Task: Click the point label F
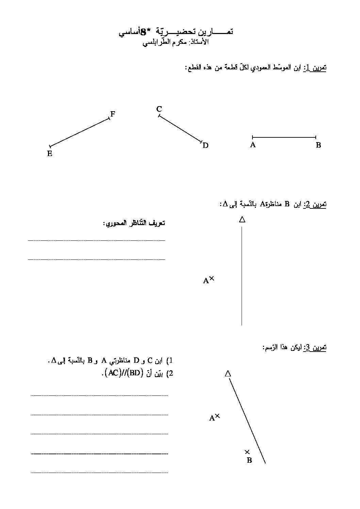tap(113, 114)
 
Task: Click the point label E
tap(50, 154)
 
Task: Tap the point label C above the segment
tap(159, 109)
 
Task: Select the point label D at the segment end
tap(205, 146)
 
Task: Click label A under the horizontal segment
tap(253, 145)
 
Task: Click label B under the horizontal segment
tap(318, 145)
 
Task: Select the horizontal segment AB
tap(284, 137)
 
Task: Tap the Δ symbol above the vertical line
tap(242, 220)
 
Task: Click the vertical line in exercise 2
tap(242, 275)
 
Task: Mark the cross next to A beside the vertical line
tap(212, 278)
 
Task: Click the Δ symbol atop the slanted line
tap(228, 374)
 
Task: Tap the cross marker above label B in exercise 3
tap(247, 452)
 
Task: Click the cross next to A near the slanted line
tap(217, 415)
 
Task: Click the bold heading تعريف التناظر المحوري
tap(134, 223)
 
